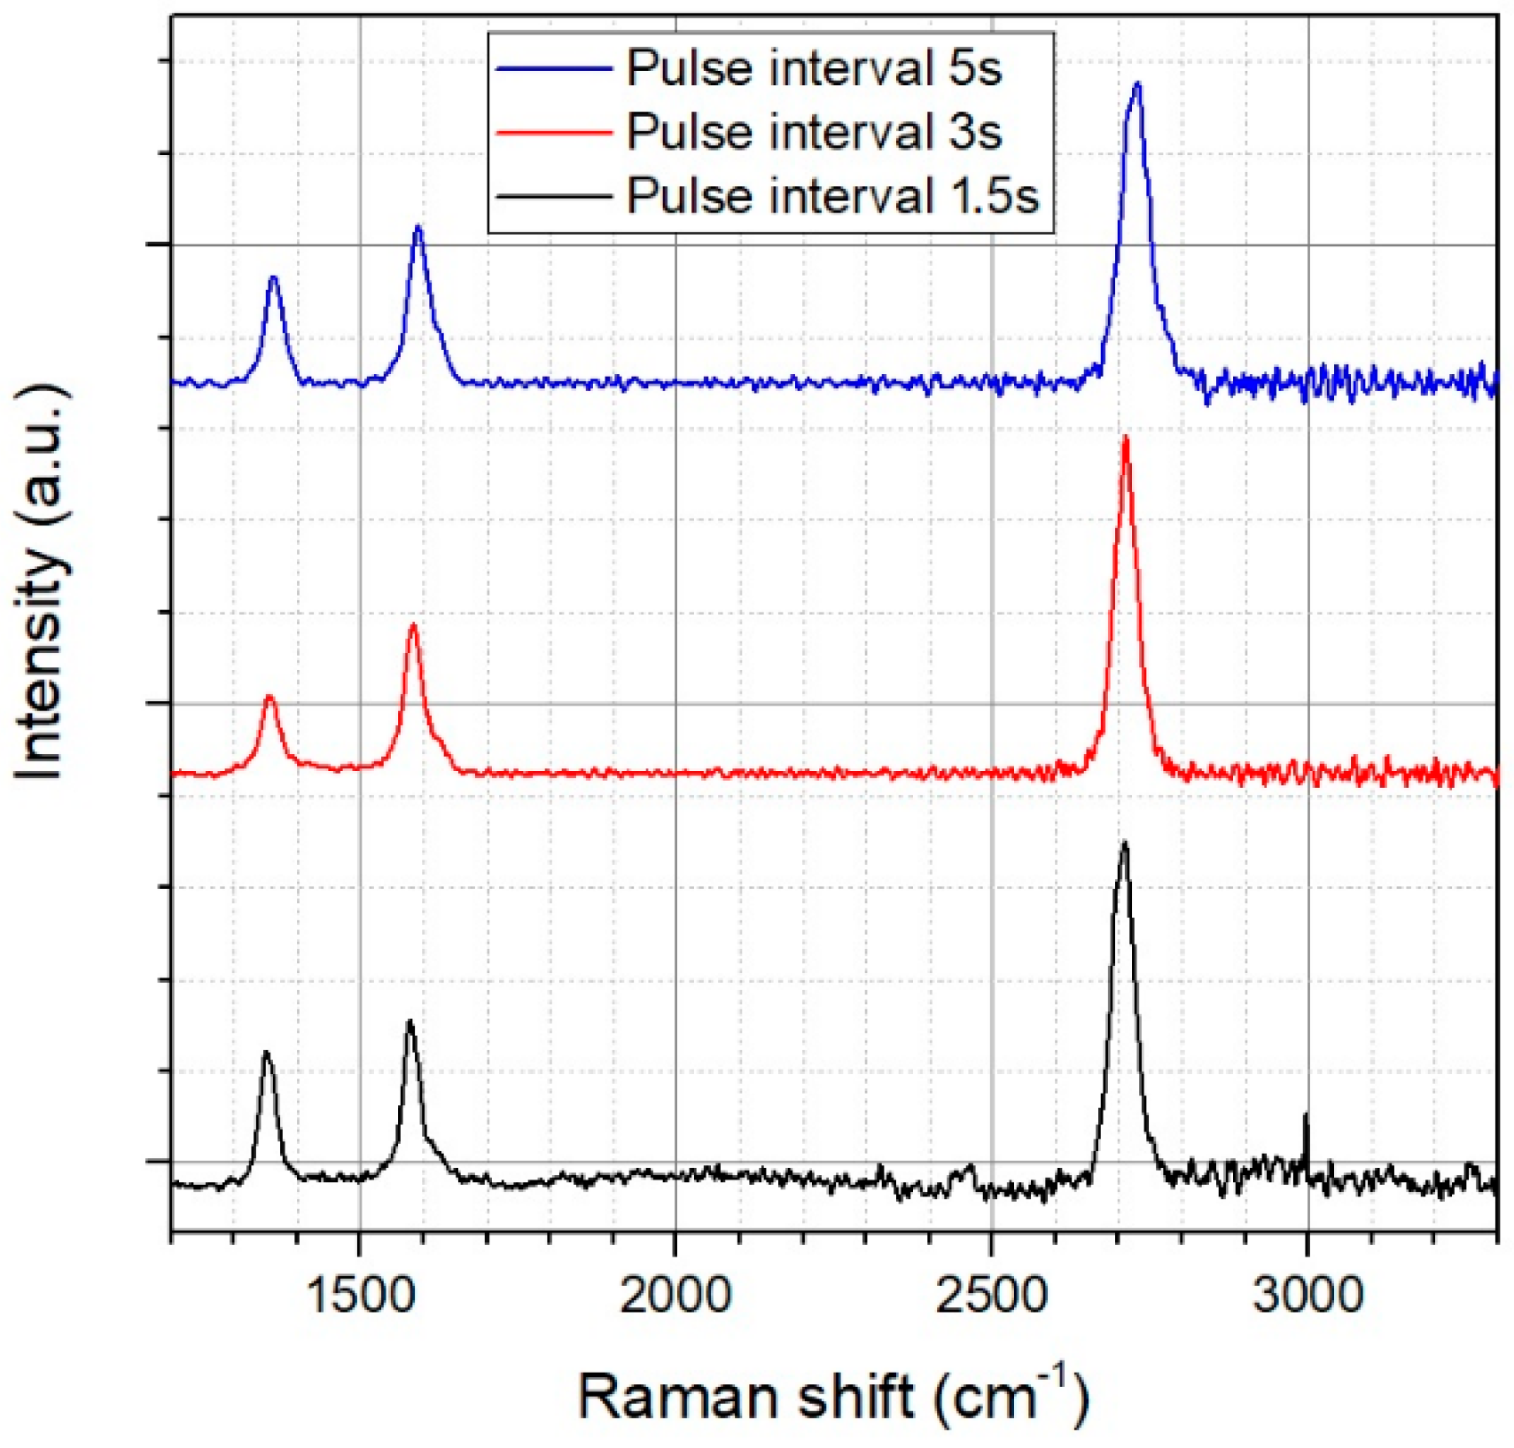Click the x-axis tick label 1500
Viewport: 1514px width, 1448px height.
click(359, 1296)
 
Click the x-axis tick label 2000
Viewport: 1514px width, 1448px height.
click(675, 1296)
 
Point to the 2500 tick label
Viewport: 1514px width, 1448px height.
click(991, 1296)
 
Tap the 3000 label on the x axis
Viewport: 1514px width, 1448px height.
click(1307, 1296)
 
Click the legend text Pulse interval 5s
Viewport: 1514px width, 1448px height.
click(814, 68)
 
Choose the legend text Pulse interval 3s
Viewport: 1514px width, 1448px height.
click(814, 132)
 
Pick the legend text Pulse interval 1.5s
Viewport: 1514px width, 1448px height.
click(831, 196)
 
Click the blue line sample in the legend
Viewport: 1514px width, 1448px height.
click(554, 68)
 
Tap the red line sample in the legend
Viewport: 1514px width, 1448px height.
click(554, 132)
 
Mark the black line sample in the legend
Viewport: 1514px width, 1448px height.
click(554, 196)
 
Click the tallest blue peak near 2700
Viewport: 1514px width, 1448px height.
click(1137, 84)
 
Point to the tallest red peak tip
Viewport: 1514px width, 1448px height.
click(1126, 438)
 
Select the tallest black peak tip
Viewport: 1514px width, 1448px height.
click(1125, 843)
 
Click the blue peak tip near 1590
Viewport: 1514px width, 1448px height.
click(418, 228)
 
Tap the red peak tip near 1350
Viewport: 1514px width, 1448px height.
click(270, 697)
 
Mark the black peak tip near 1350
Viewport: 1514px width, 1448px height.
click(266, 1053)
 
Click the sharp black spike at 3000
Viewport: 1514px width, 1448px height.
click(1306, 1115)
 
